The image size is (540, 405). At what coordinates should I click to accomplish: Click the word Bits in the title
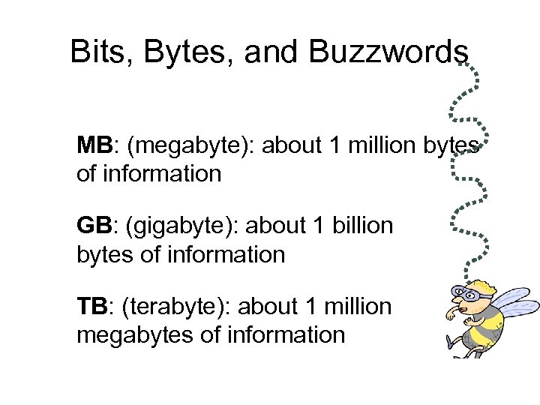(x=94, y=52)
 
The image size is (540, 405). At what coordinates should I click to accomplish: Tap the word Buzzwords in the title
(x=387, y=52)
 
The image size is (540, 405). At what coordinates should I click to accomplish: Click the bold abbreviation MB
(x=94, y=145)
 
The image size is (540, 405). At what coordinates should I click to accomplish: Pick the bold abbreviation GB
(x=94, y=226)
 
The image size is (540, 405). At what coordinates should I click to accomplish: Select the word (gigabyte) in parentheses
(x=181, y=226)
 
